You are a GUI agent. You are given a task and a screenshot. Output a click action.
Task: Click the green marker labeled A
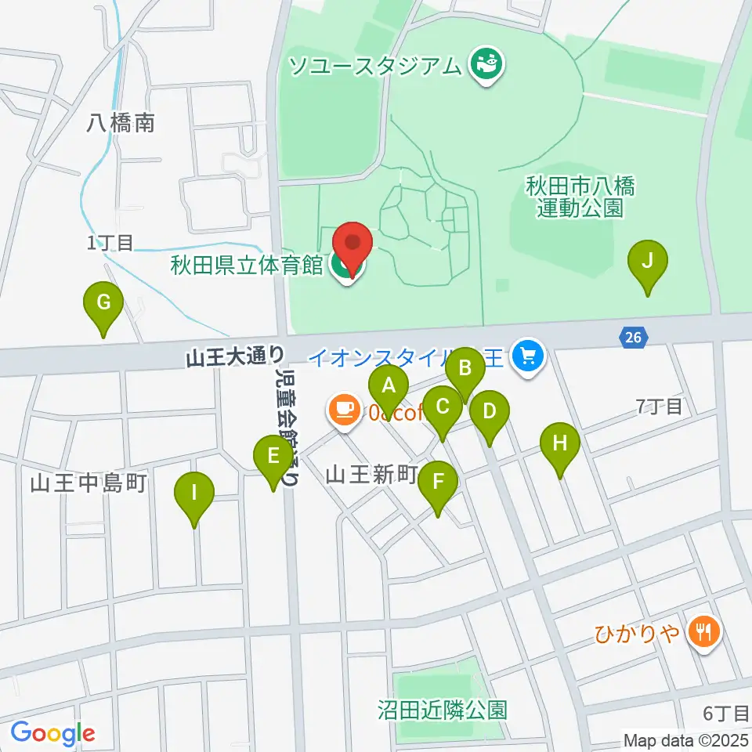pos(389,386)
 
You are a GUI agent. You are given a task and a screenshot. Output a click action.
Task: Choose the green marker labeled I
pos(195,493)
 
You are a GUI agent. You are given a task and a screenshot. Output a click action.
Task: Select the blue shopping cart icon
pos(528,357)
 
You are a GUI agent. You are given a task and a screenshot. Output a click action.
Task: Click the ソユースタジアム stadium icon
pos(487,64)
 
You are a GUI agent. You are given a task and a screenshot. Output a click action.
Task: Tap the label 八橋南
pos(121,123)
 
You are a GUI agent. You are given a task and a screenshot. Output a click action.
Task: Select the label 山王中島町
pos(89,483)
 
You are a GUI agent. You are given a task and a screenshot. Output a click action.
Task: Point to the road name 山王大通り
pos(234,358)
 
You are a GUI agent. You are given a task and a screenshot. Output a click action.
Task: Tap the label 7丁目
pos(660,407)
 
